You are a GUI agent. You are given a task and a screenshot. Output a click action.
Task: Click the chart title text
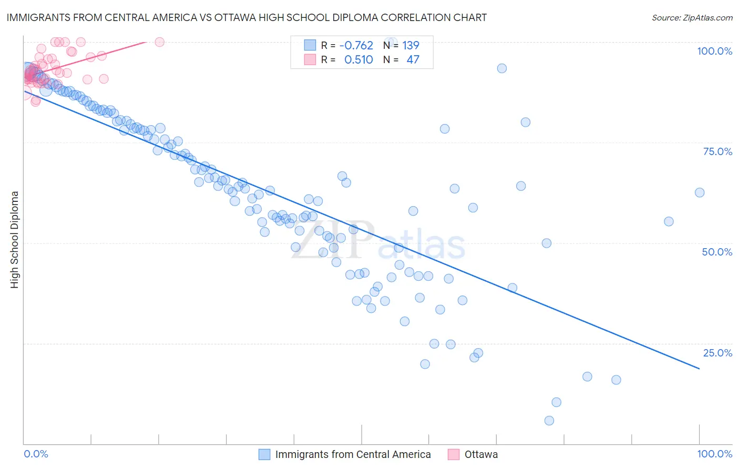point(247,17)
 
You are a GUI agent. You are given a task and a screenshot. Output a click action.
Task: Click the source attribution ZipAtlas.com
point(692,17)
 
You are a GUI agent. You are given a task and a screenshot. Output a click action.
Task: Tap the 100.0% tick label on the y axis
point(714,51)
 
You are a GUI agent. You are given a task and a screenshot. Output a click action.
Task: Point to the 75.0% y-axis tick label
point(717,151)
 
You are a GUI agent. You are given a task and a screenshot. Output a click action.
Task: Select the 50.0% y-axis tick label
point(717,252)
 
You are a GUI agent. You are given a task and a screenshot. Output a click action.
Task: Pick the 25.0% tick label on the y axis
point(717,353)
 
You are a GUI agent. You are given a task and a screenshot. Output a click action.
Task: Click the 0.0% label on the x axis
point(36,454)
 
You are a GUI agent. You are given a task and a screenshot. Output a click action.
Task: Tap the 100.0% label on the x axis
point(714,454)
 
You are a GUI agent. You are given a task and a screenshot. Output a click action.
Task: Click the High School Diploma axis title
point(15,239)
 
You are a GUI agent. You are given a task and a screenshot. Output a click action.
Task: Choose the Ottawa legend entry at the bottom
point(481,454)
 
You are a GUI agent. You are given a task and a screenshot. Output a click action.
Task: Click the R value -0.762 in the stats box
point(356,46)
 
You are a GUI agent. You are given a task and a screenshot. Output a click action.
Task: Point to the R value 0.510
point(358,60)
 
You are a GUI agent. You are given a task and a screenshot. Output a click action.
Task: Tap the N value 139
point(410,46)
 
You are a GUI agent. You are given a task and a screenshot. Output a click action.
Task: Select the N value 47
point(413,60)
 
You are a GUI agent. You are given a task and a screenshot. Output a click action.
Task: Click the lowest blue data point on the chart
point(549,421)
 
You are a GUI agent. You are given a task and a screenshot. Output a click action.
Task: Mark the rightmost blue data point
point(700,192)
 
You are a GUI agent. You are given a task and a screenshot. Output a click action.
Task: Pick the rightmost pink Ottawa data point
point(160,42)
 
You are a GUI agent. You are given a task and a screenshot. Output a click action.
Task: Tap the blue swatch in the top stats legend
point(310,46)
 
